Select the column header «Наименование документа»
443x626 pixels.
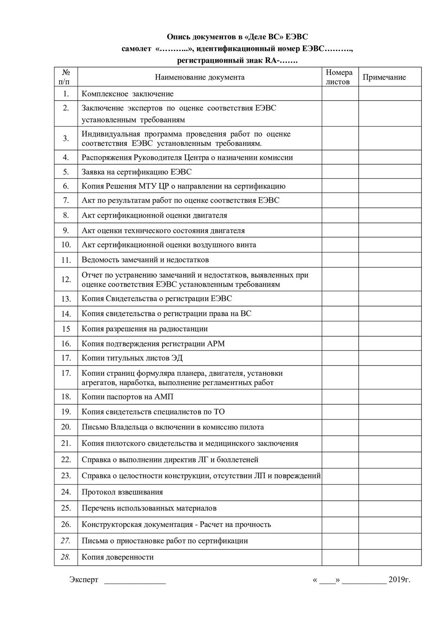pos(200,77)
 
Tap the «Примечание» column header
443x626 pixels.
pos(384,77)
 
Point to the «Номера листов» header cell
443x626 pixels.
pos(339,77)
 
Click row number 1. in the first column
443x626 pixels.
pos(66,94)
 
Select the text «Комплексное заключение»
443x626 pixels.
pos(127,94)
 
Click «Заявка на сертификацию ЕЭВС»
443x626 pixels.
pos(137,172)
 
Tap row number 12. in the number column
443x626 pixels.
pos(66,279)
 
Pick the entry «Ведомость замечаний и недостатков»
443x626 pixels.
pos(145,260)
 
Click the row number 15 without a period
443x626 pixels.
pos(66,329)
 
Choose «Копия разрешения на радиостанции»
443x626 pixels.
pos(144,329)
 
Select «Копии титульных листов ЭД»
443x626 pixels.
pos(132,358)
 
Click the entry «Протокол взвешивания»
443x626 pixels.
pos(122,492)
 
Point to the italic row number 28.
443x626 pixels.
pos(66,557)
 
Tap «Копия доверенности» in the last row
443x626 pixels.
pos(117,557)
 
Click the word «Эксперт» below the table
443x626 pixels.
pos(84,580)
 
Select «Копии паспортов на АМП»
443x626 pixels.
pos(127,397)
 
